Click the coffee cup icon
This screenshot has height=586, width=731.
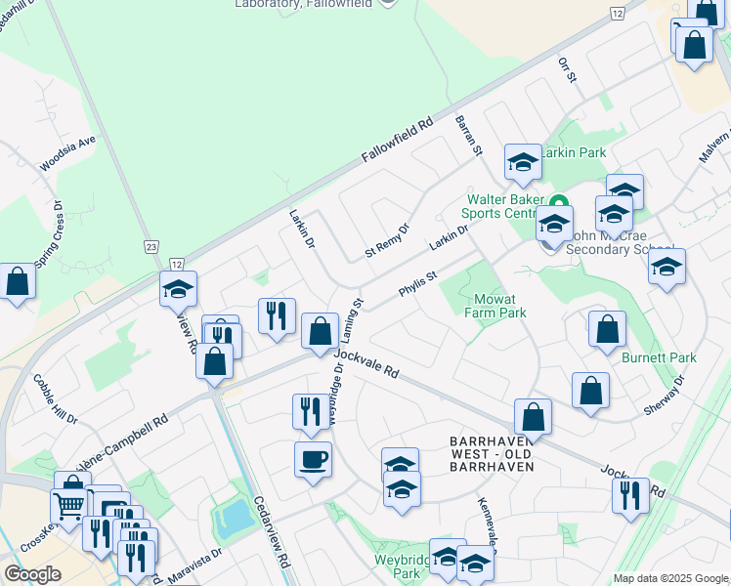(313, 459)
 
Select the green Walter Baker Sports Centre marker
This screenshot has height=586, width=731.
(559, 203)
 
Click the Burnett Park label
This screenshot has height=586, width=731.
(659, 357)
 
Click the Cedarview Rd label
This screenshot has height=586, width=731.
(273, 532)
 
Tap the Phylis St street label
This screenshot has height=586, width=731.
(416, 284)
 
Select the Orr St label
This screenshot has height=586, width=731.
(568, 69)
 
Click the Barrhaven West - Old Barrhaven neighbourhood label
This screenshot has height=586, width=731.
(491, 454)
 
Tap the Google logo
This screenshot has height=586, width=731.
(32, 574)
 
